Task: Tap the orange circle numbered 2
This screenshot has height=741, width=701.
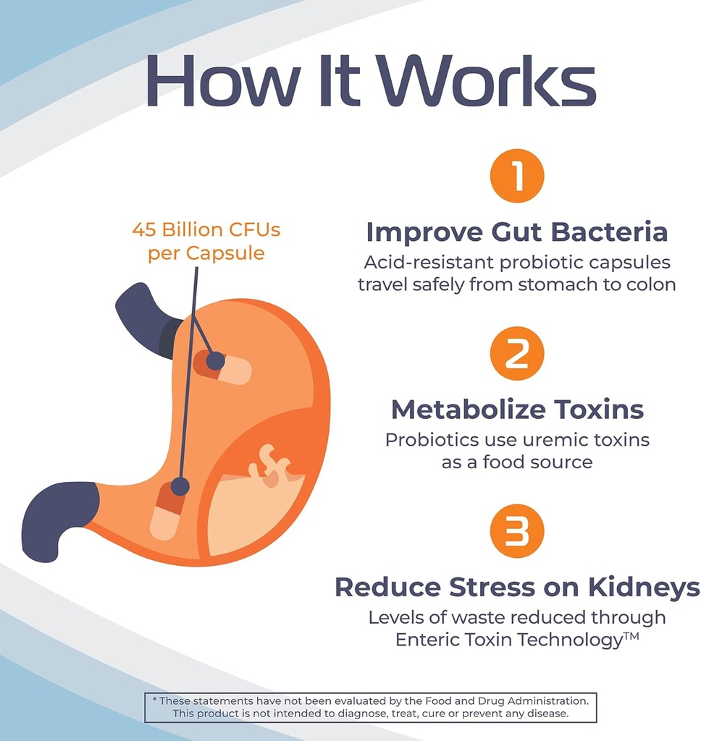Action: tap(516, 353)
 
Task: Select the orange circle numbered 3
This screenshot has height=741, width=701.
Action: tap(516, 530)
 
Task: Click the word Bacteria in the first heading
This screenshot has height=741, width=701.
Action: tap(609, 232)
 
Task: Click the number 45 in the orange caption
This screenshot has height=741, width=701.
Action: tap(146, 230)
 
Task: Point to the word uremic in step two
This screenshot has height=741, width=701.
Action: tap(538, 439)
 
